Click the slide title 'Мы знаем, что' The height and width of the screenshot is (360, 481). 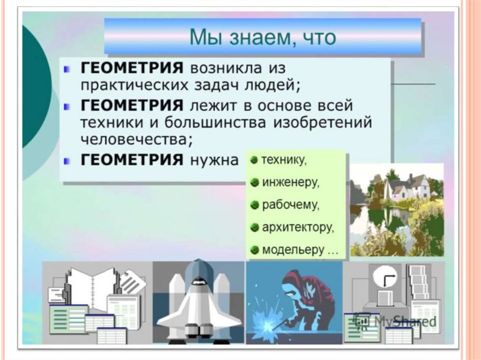tap(263, 38)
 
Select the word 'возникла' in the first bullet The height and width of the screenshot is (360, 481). tap(226, 68)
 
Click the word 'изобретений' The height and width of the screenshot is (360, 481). tap(322, 123)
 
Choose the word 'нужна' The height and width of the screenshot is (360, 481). tap(214, 160)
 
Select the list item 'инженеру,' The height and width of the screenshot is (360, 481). tap(291, 183)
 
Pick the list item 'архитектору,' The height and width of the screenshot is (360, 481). tap(298, 228)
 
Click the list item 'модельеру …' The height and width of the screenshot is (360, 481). tap(300, 250)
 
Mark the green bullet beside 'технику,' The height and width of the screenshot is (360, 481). tap(254, 160)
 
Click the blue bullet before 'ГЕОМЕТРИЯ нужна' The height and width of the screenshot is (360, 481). tap(66, 161)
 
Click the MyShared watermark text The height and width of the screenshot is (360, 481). tap(396, 321)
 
